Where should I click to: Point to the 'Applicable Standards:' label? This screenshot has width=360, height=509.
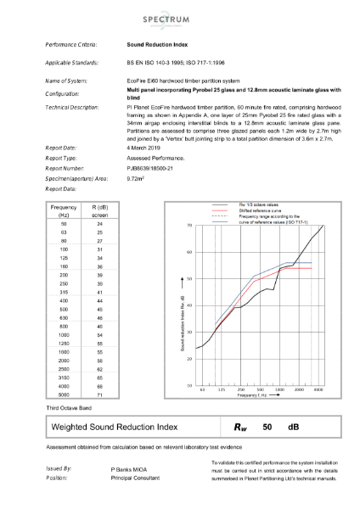[x=74, y=64]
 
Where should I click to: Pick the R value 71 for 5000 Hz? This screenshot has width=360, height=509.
[x=99, y=394]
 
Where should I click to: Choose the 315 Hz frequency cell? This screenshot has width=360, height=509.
[x=65, y=291]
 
